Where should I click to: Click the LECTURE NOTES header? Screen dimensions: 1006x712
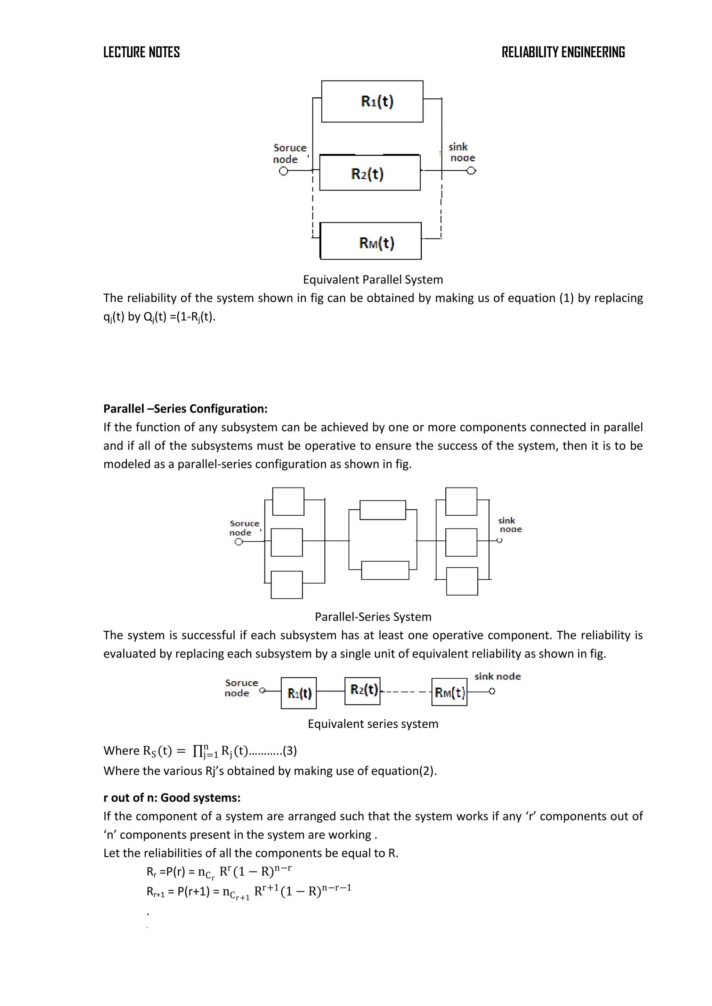point(141,52)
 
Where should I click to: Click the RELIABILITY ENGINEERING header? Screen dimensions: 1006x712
point(563,52)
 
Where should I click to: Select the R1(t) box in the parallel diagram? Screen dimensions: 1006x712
point(372,101)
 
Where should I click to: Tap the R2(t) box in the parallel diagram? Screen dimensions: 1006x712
point(370,173)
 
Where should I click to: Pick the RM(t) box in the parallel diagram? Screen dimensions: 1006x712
point(371,242)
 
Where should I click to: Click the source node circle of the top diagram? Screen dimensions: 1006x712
point(284,171)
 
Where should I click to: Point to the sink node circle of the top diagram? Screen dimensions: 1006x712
point(471,171)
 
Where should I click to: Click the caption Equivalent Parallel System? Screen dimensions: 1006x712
point(373,279)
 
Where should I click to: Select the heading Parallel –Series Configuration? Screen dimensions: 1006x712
point(185,408)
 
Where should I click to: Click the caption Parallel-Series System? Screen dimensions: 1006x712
point(373,616)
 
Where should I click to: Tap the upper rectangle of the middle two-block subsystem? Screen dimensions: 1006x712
point(383,510)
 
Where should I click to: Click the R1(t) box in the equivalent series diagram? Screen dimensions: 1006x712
point(299,693)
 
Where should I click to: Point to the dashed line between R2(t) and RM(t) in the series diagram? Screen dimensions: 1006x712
point(406,692)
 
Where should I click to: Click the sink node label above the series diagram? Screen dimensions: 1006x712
point(497,676)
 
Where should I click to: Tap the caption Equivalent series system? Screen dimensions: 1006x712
point(373,723)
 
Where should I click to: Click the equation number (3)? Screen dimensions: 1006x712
point(290,751)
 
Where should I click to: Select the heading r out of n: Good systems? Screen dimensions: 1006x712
point(172,798)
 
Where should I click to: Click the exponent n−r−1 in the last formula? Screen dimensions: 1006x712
point(336,887)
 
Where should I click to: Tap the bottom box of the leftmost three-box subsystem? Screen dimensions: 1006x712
point(287,584)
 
